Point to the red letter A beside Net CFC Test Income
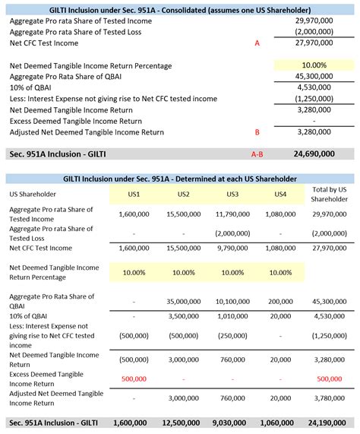(257, 44)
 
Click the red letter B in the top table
(257, 132)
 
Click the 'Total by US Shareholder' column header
(330, 194)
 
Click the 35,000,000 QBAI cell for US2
(184, 300)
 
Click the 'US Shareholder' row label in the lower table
(33, 195)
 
